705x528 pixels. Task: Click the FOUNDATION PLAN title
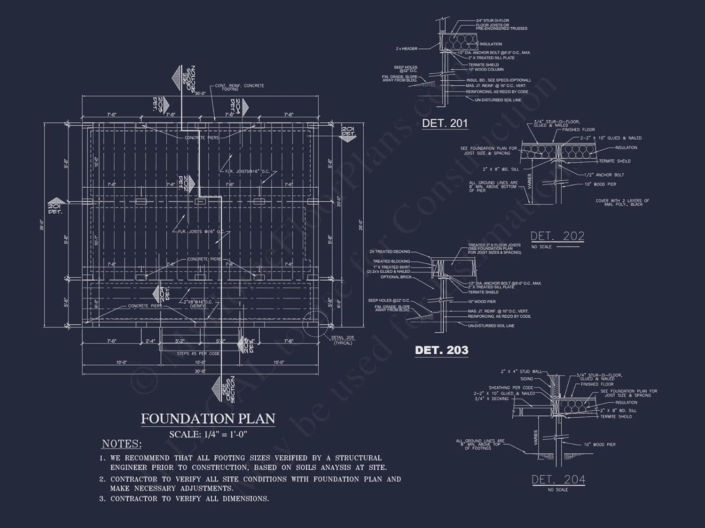tap(208, 419)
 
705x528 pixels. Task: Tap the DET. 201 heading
tap(445, 123)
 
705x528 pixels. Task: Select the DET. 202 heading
tap(557, 236)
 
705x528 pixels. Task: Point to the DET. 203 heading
tap(441, 350)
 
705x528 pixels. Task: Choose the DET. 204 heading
tap(558, 479)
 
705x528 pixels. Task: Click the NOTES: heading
tap(122, 444)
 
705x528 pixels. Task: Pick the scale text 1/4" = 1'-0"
tap(208, 434)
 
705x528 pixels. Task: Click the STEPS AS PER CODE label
tap(198, 353)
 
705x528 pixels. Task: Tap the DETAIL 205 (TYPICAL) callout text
tap(343, 340)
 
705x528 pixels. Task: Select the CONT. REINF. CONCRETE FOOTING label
tap(239, 87)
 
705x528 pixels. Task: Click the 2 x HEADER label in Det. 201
tap(407, 48)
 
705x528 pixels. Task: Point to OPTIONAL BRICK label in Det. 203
tap(396, 277)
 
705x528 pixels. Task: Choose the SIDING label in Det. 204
tap(526, 379)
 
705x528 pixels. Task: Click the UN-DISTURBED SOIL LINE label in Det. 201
tap(498, 100)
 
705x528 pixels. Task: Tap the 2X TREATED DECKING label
tap(390, 252)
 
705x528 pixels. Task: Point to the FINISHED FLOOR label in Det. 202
tap(578, 130)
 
